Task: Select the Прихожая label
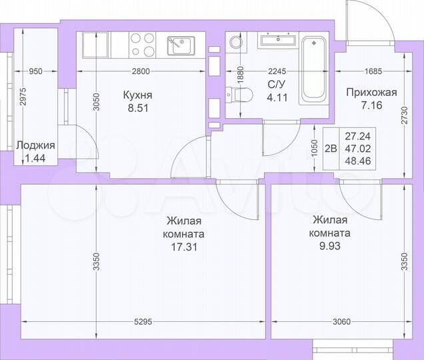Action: click(371, 93)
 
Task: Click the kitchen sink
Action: click(179, 45)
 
